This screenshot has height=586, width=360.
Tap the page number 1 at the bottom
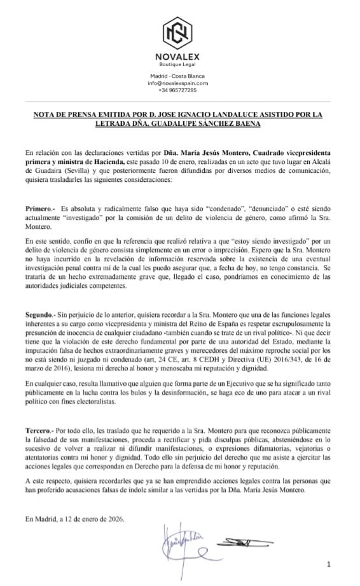[x=329, y=564]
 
